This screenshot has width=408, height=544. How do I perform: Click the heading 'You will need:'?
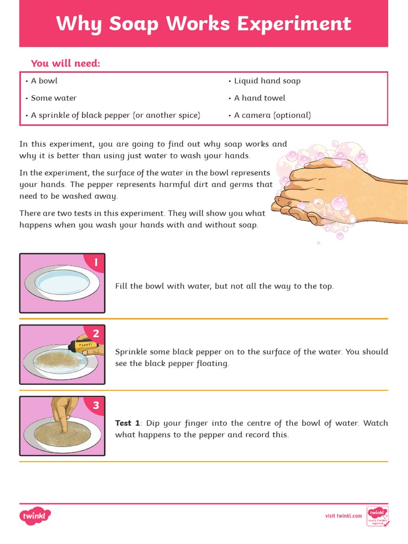coord(65,64)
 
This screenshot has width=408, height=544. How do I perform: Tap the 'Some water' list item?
coord(51,98)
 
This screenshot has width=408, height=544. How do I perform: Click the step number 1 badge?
coord(96,262)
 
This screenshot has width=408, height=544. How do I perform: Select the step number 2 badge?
coord(96,334)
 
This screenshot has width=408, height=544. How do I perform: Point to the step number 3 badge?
coord(96,405)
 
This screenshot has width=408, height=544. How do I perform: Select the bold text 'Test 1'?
coord(127,423)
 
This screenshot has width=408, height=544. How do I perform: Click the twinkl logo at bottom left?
coord(35,515)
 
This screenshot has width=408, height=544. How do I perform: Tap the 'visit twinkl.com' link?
coord(343,516)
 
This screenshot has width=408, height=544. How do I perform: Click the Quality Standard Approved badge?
coord(378,516)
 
